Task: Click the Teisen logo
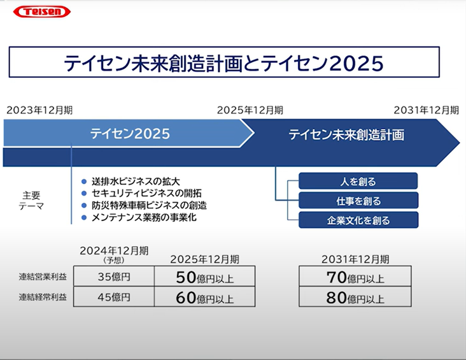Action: [42, 11]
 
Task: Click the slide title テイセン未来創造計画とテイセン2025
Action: [224, 63]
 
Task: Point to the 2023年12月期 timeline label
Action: [39, 110]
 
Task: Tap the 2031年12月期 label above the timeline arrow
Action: [427, 110]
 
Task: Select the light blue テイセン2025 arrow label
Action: [130, 134]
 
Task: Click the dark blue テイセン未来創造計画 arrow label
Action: [346, 134]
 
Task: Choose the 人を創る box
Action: [358, 181]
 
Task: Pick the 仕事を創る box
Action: [358, 201]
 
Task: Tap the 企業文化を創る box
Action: [358, 220]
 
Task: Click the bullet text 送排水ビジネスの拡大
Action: [136, 181]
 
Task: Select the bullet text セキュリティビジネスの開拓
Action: [146, 193]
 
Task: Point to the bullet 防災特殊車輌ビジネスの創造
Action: [149, 205]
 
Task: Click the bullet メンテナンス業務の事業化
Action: [144, 217]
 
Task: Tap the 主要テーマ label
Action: [31, 201]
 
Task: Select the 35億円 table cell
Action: [114, 277]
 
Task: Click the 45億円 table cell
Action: [114, 297]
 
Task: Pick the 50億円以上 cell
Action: [205, 277]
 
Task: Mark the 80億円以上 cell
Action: [355, 297]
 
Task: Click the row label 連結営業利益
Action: [43, 277]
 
